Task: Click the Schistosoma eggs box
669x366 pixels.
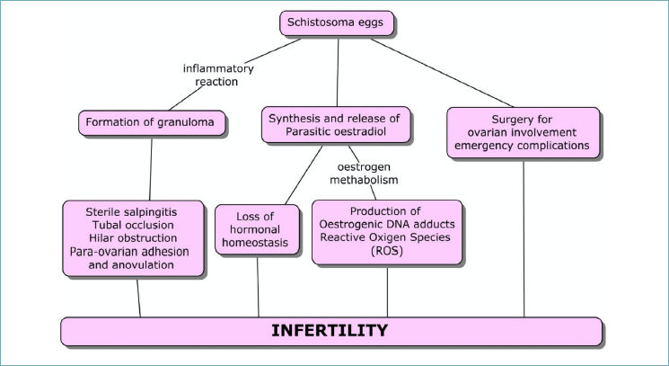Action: (x=337, y=23)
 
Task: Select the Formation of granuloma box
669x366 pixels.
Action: (x=152, y=123)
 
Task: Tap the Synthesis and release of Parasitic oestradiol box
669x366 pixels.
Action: (x=336, y=125)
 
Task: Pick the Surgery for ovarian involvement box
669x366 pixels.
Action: (x=524, y=133)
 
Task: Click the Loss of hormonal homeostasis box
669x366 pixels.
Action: (x=257, y=230)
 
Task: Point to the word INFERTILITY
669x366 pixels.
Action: (x=330, y=331)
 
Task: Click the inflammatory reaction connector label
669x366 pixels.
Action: (x=218, y=75)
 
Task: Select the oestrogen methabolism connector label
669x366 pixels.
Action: (x=364, y=174)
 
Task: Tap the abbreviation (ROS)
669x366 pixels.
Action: (x=387, y=251)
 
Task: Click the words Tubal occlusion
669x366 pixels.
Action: (x=133, y=225)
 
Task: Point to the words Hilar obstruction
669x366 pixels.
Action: (x=133, y=238)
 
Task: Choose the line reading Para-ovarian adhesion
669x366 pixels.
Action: (x=129, y=252)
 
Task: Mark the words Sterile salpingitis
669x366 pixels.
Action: (x=131, y=212)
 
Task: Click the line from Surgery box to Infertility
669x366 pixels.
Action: (x=524, y=238)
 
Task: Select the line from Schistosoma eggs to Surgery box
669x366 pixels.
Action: (x=442, y=73)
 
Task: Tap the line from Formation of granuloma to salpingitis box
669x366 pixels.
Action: (x=151, y=168)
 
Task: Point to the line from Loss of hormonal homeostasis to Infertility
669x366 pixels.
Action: (x=258, y=286)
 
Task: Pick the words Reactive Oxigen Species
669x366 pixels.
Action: (x=385, y=237)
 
